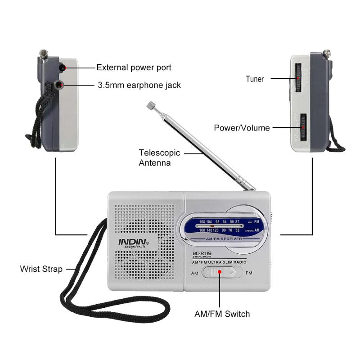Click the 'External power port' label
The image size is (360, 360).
coord(134,67)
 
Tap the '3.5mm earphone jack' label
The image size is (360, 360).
coord(139,85)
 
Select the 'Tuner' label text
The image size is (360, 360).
coord(255,79)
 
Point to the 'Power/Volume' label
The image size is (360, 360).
coord(242,128)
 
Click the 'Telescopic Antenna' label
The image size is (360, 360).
coord(155,157)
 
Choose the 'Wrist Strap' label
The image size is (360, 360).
coord(40,269)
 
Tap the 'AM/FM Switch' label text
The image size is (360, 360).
coord(222,314)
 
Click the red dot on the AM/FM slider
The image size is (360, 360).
coord(220,273)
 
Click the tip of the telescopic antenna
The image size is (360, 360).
coord(150,106)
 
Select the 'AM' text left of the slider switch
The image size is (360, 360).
coord(194,273)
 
